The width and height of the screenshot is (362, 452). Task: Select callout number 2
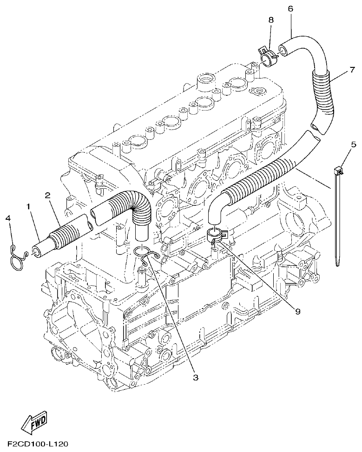click(48, 195)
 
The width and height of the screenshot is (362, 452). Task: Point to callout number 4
click(8, 218)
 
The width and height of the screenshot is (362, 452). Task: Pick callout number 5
click(353, 144)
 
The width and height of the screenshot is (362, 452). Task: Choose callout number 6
click(290, 9)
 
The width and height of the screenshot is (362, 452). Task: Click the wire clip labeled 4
click(17, 255)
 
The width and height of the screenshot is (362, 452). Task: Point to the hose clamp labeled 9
click(216, 235)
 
